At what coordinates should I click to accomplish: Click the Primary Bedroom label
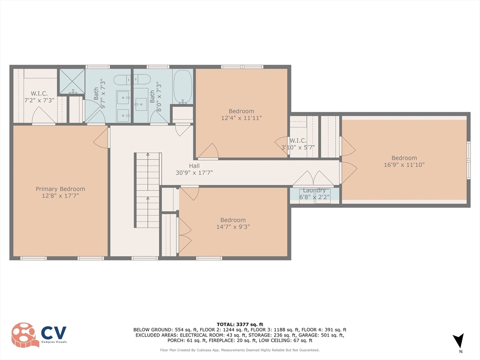coord(60,189)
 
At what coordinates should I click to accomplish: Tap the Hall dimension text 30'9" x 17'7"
coord(194,172)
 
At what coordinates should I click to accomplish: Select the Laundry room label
coord(314,190)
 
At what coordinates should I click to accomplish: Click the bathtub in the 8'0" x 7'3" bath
coord(182,87)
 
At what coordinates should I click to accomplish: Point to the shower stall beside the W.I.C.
coord(71,82)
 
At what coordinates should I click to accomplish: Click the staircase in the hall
coord(148,190)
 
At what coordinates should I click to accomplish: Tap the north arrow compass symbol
coord(459,340)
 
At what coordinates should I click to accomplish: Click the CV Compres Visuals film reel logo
coord(25,335)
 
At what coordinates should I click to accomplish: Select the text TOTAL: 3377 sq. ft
coord(240,324)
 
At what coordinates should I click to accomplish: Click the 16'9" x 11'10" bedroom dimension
coord(404,165)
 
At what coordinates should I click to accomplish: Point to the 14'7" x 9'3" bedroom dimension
coord(233,226)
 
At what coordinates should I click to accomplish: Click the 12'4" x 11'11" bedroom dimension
coord(241,118)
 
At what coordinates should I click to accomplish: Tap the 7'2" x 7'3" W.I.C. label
coord(39,100)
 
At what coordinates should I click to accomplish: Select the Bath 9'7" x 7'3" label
coord(99,95)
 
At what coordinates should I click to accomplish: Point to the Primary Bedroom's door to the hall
coord(102,137)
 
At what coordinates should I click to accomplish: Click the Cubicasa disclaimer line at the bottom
coord(240,350)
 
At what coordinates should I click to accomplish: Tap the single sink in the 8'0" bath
coord(142,104)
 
